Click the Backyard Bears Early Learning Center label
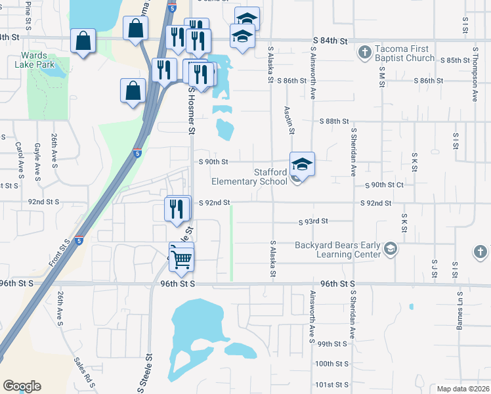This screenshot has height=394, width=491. pyautogui.click(x=337, y=250)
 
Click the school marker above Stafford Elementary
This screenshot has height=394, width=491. pyautogui.click(x=303, y=164)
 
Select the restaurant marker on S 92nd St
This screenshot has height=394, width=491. pyautogui.click(x=177, y=209)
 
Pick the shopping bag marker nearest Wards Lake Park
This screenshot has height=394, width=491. pyautogui.click(x=84, y=41)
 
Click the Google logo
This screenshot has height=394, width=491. pyautogui.click(x=22, y=386)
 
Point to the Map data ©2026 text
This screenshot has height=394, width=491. pyautogui.click(x=462, y=389)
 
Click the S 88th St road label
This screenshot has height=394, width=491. pyautogui.click(x=334, y=121)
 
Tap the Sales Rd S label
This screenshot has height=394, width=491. pyautogui.click(x=85, y=372)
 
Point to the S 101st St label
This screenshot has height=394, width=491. pyautogui.click(x=331, y=384)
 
